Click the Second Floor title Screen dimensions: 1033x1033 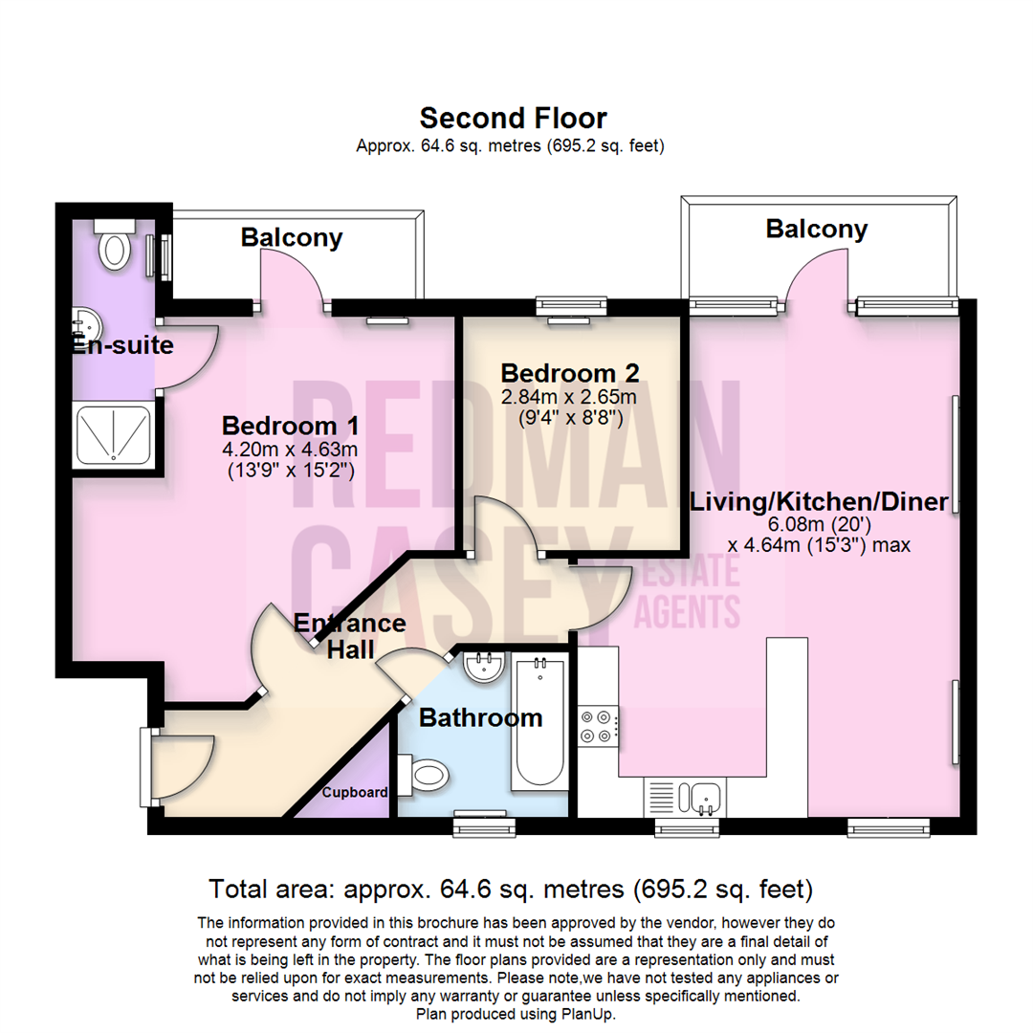point(514,119)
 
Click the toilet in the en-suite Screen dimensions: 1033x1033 point(115,245)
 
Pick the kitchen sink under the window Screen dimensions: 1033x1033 point(706,796)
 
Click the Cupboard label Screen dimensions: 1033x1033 point(355,793)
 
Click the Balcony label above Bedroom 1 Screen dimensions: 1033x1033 point(292,237)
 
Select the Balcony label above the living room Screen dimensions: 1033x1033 point(817,229)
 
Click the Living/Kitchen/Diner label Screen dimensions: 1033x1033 point(819,501)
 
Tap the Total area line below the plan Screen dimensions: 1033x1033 point(512,890)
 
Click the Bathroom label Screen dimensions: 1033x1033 point(480,717)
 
